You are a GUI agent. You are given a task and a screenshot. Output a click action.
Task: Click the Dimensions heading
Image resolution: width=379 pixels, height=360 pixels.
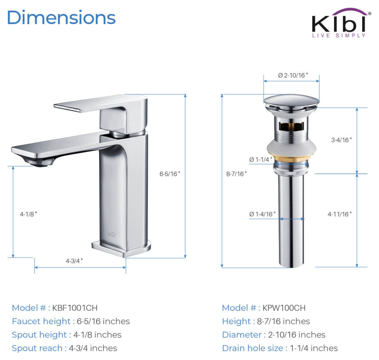pos(61,18)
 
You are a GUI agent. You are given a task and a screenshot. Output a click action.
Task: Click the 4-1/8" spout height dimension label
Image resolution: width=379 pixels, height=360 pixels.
pos(29,214)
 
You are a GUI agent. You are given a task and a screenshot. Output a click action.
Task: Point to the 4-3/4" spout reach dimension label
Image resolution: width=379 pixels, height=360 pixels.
pos(74,261)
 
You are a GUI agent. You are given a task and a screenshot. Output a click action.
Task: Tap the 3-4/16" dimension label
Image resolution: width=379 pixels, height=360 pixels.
pos(341,140)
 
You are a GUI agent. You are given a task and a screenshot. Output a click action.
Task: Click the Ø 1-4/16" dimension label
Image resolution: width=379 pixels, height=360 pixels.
pos(262,214)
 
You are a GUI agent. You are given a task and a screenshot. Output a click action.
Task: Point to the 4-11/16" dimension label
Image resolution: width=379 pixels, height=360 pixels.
pos(340,214)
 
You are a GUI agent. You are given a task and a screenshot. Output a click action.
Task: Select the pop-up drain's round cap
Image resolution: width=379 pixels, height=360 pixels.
pos(291,101)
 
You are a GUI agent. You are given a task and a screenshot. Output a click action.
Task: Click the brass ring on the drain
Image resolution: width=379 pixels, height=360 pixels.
pos(291,158)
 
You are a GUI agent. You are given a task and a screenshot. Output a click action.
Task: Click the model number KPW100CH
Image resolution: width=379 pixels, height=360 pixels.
pos(284,308)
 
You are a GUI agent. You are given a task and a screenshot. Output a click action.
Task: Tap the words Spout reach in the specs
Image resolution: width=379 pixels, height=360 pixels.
pos(37,348)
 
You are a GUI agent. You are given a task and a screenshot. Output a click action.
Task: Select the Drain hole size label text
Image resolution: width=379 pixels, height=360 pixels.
pos(253,348)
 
